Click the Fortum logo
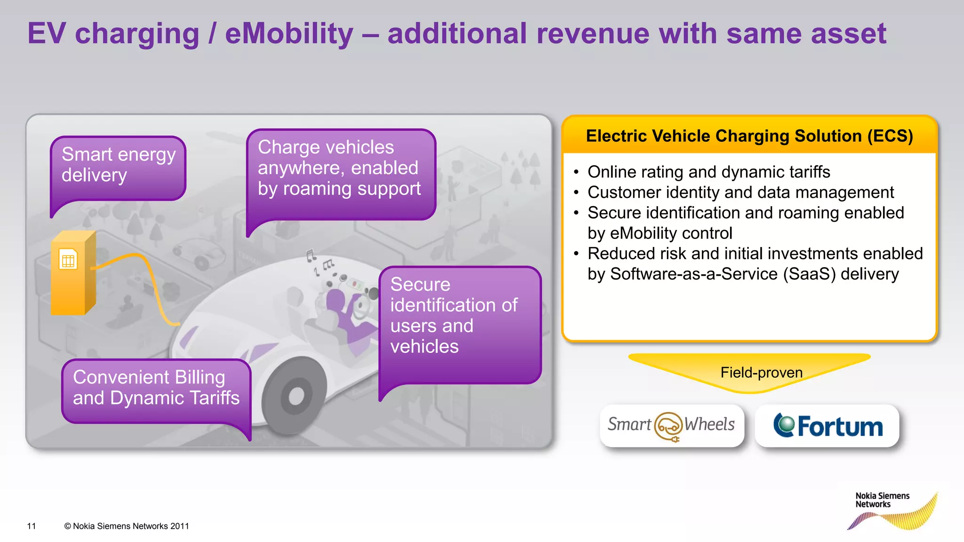[828, 426]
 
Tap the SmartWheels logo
[671, 425]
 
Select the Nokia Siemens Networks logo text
[882, 500]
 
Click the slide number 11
[32, 526]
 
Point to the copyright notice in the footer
[127, 526]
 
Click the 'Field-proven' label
[761, 373]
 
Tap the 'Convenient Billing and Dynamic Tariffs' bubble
[156, 389]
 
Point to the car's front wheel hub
[296, 396]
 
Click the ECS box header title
[749, 136]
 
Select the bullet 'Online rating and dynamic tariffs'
[708, 172]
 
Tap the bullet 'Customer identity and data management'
[740, 192]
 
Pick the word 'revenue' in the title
[593, 34]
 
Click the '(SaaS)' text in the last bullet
[809, 274]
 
